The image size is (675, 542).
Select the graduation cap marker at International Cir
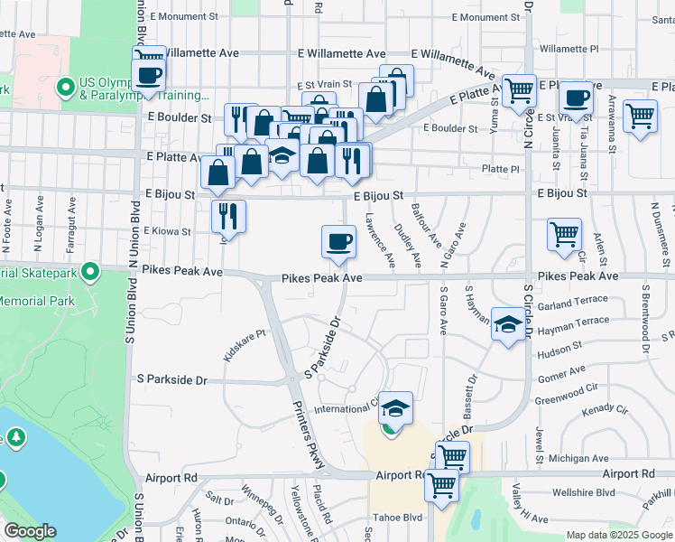tap(394, 408)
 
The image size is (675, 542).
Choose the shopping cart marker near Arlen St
tap(564, 234)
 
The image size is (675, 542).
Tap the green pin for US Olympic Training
tap(65, 88)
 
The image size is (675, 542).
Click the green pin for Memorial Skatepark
tap(90, 271)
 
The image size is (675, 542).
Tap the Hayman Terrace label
tap(573, 322)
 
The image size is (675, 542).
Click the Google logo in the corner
tap(30, 531)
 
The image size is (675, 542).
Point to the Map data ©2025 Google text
tap(619, 535)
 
